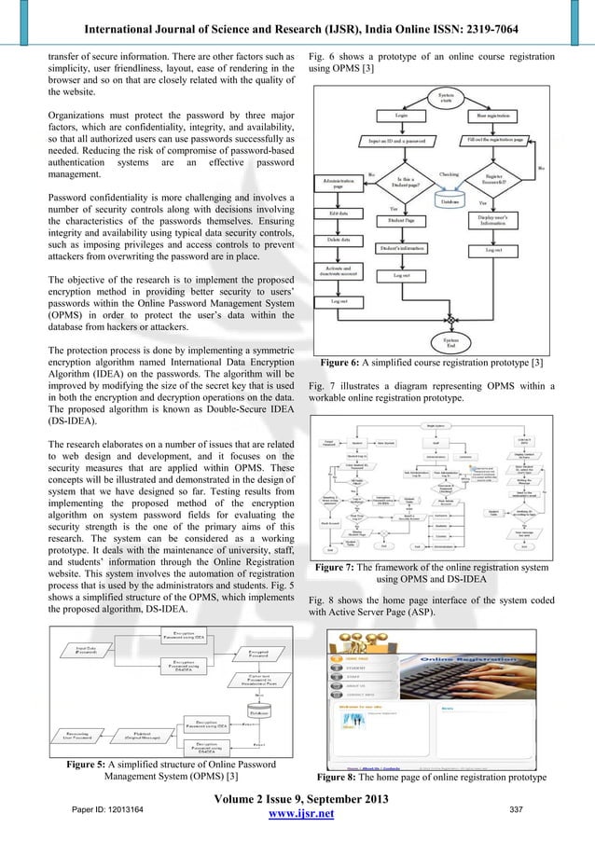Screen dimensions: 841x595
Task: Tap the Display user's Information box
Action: click(505, 220)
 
